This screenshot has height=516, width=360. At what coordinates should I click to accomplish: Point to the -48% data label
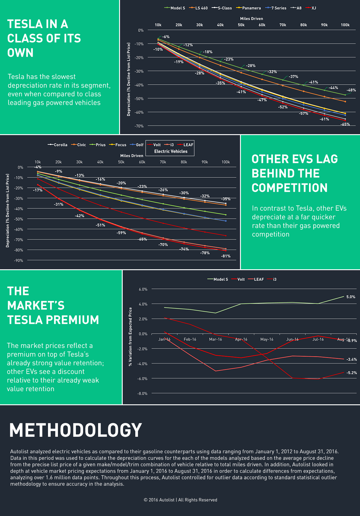[x=351, y=90]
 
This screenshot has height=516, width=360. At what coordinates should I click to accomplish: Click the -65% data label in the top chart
[x=345, y=124]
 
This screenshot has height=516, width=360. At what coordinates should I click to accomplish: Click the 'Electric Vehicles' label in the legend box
[x=171, y=151]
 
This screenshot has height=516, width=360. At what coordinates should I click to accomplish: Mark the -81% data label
[x=226, y=256]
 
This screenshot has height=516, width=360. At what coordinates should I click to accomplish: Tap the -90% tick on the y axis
[x=18, y=261]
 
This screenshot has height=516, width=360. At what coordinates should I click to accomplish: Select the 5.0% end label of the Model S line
[x=351, y=297]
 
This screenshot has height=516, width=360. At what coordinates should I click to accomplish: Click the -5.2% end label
[x=352, y=373]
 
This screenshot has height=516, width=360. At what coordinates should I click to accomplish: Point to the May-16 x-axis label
[x=267, y=339]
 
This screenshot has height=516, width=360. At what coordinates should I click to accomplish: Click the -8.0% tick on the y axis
[x=143, y=394]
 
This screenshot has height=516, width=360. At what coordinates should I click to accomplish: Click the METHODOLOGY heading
[x=76, y=430]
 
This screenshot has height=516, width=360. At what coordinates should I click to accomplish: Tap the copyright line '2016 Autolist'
[x=180, y=500]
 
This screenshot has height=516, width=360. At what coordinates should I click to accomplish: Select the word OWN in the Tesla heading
[x=20, y=53]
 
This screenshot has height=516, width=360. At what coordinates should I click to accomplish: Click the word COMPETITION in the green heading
[x=289, y=188]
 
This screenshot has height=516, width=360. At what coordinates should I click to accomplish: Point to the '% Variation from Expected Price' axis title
[x=130, y=336]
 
